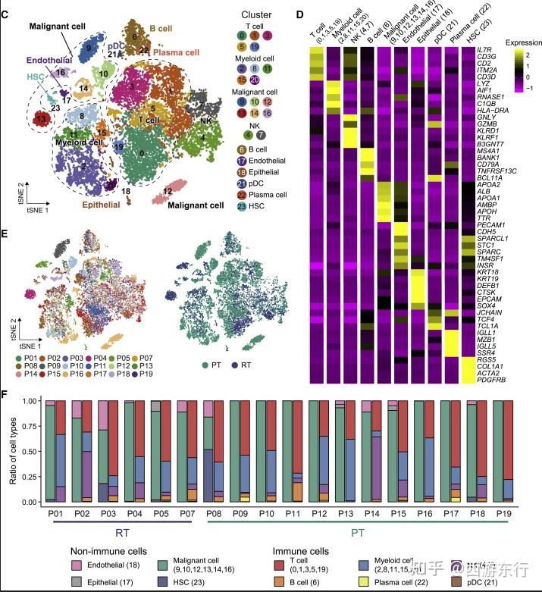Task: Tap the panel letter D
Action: pos(300,14)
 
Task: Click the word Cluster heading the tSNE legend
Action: pos(256,14)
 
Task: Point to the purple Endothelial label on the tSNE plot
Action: pos(46,59)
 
